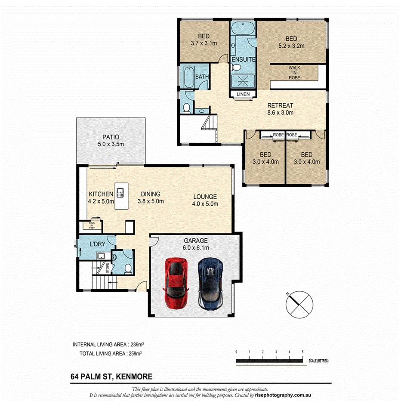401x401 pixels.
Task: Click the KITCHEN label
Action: click(101, 194)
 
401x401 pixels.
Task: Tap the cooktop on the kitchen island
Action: click(121, 192)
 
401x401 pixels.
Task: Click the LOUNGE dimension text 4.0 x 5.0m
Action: click(205, 204)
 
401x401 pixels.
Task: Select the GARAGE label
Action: click(196, 241)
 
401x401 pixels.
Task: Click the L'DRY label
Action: click(98, 244)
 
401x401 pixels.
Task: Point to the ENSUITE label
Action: click(244, 59)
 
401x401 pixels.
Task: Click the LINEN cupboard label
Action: click(243, 94)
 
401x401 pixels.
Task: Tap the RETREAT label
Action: click(280, 105)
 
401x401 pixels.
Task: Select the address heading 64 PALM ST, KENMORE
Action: click(111, 376)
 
